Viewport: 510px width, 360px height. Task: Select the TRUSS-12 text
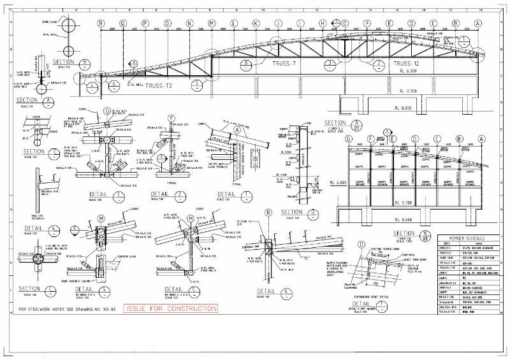coord(407,64)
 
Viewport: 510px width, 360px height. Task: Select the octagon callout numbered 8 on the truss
coord(245,64)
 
